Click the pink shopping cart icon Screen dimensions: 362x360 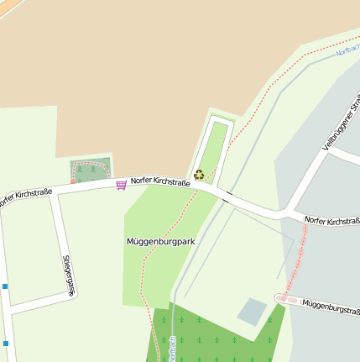point(122,183)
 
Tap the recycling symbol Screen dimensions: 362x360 point(199,175)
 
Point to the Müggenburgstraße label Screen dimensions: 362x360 point(330,306)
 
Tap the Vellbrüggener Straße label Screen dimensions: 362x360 point(341,124)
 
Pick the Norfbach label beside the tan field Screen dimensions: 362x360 point(347,50)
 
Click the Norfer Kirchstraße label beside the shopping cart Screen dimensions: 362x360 point(160,181)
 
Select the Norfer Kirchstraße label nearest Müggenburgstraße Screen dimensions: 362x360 point(332,221)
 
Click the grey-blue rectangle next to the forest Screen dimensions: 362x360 point(252,312)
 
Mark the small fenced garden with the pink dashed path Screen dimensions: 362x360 point(91,171)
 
